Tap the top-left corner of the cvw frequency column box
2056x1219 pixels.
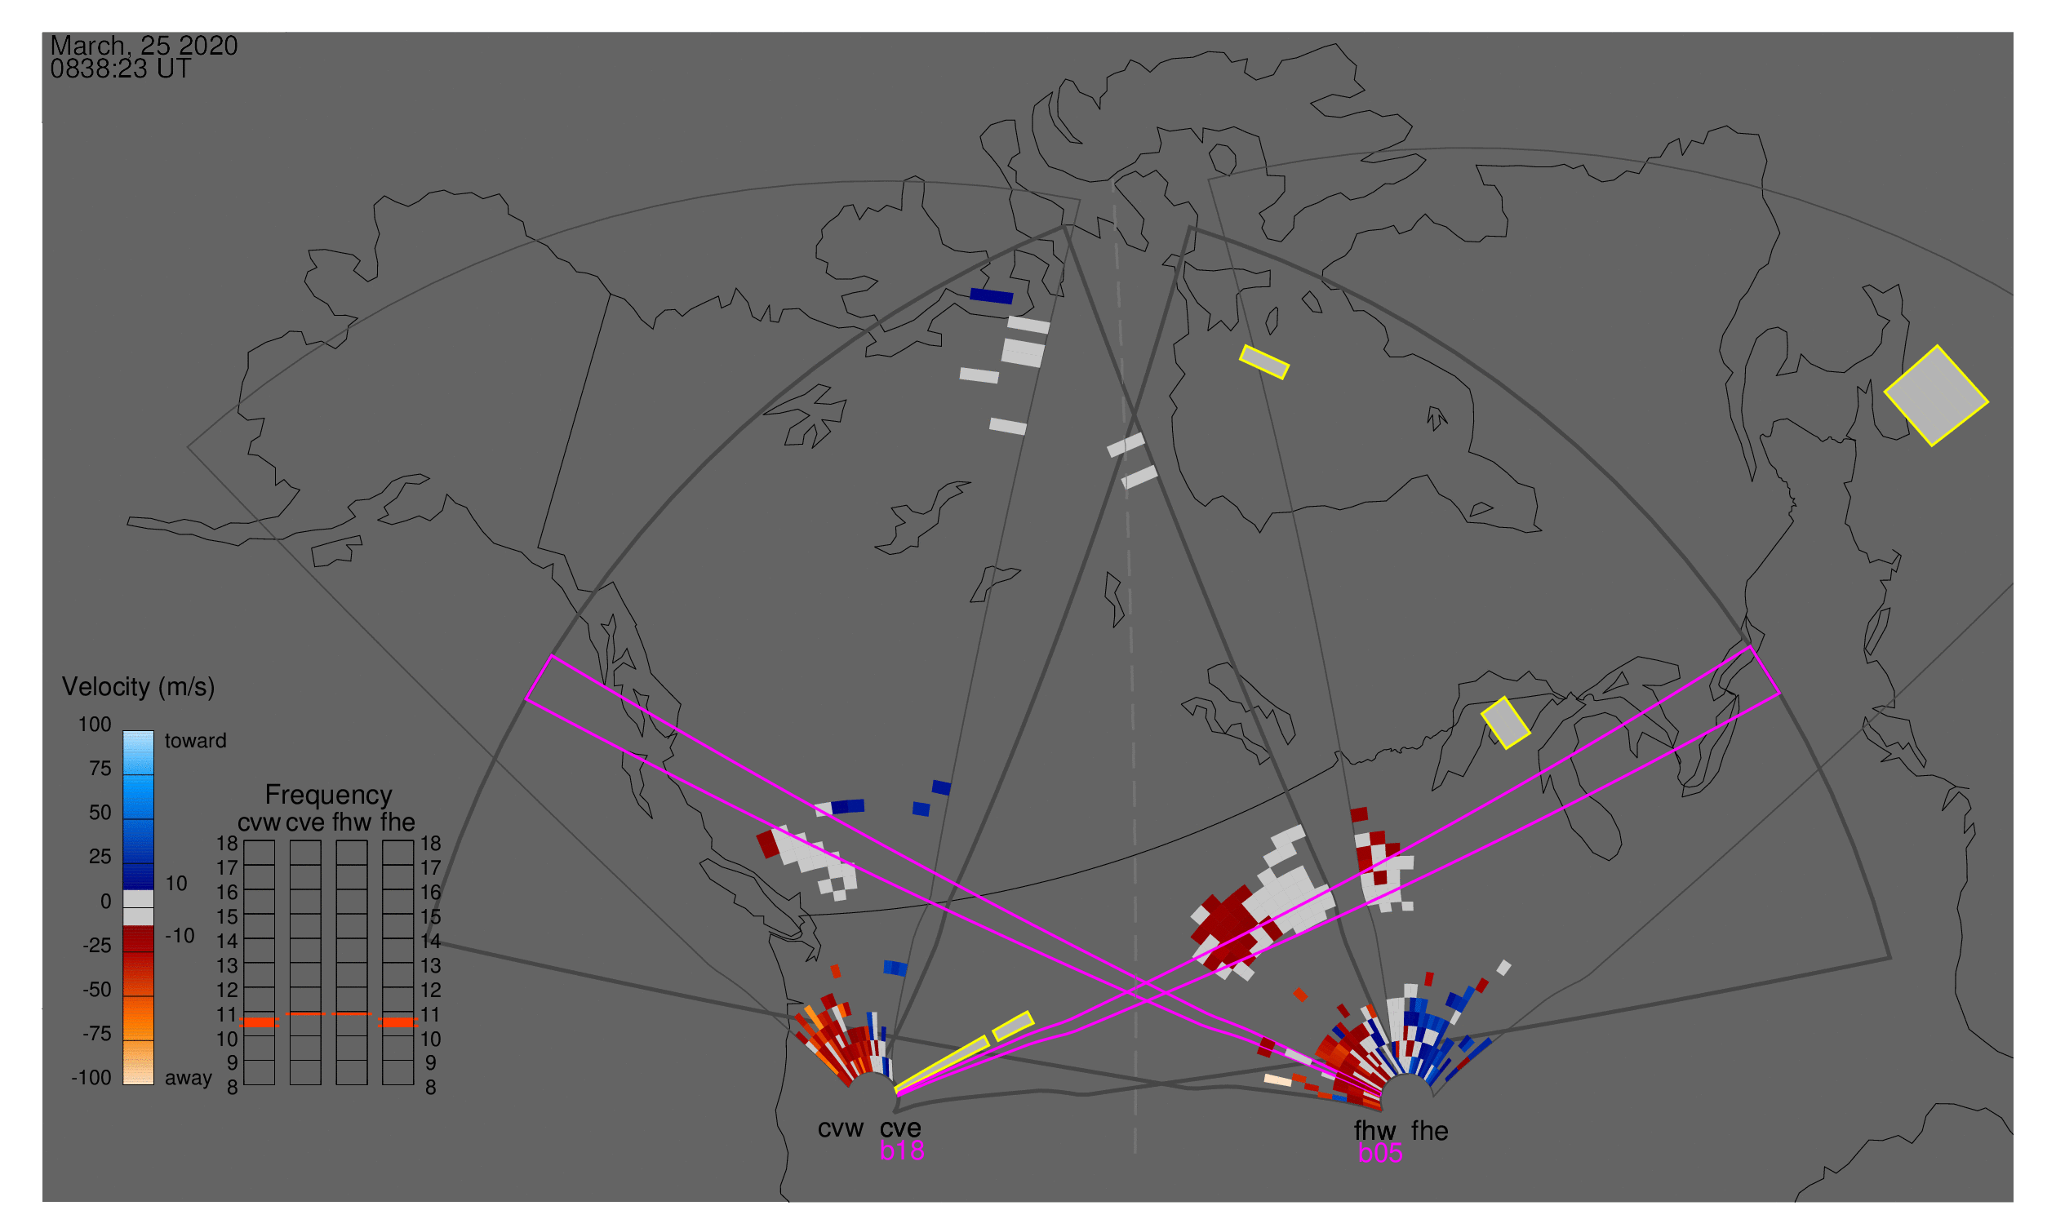244,840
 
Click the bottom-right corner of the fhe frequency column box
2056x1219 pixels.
414,1085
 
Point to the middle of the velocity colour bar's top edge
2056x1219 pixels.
138,731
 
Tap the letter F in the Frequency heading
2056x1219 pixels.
272,796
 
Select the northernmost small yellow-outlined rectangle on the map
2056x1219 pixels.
1264,362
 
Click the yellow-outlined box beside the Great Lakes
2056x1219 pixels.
1505,723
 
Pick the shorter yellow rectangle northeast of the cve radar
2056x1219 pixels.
1013,1026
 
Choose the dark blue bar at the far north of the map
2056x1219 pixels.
991,295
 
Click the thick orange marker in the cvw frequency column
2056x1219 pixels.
260,1022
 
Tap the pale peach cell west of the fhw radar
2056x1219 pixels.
1278,1079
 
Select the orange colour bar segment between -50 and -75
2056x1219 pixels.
138,1018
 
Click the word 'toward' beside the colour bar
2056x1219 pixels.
196,741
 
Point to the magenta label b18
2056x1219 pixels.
902,1150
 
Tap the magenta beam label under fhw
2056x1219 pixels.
1380,1153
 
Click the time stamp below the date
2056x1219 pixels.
121,69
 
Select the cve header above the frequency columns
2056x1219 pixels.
305,822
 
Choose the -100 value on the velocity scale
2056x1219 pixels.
91,1078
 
